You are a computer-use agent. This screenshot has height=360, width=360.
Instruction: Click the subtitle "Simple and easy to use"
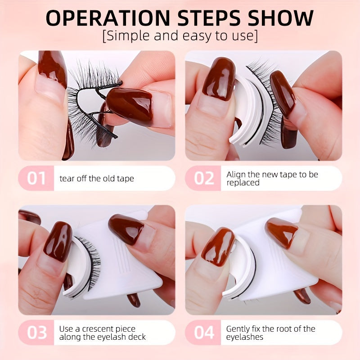pyautogui.click(x=180, y=36)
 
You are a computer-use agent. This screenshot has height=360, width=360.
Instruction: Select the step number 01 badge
pyautogui.click(x=36, y=178)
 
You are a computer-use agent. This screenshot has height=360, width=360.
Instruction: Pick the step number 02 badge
pyautogui.click(x=204, y=178)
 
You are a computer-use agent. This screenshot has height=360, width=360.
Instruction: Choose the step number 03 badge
pyautogui.click(x=36, y=333)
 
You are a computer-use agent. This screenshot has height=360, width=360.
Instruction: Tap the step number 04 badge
pyautogui.click(x=204, y=333)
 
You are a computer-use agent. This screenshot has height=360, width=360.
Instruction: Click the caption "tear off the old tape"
pyautogui.click(x=96, y=179)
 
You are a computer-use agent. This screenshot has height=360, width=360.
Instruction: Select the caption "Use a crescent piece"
pyautogui.click(x=97, y=328)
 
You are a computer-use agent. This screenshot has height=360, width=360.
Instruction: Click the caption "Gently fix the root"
pyautogui.click(x=270, y=328)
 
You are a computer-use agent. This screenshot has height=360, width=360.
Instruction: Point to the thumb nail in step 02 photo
pyautogui.click(x=218, y=79)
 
